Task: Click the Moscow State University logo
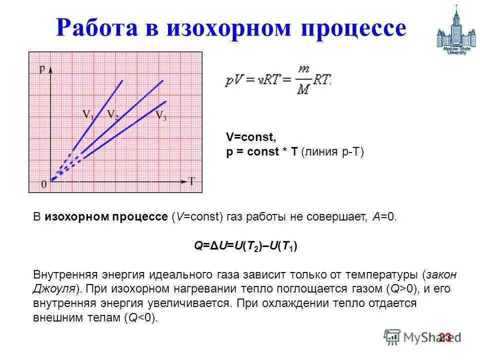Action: pos(454,31)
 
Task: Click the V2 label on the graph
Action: pos(112,113)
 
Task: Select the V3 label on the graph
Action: pos(161,116)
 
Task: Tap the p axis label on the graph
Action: pos(42,68)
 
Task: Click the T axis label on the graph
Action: pos(191,180)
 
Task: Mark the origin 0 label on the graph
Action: pos(44,184)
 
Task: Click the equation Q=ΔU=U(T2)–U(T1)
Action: pos(245,246)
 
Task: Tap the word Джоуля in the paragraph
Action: pos(54,289)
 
